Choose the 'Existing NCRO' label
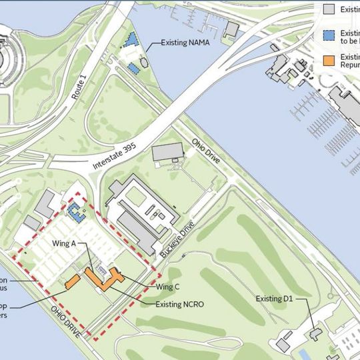click(179, 304)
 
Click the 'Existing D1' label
click(274, 299)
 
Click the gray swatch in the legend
click(329, 9)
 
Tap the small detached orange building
click(73, 281)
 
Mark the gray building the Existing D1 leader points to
click(315, 331)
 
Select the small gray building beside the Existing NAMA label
click(144, 63)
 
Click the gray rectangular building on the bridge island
click(231, 29)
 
